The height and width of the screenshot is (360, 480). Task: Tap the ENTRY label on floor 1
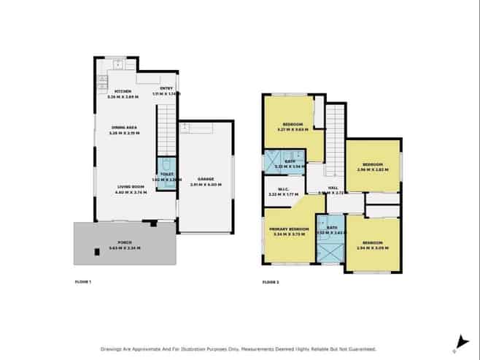click(166, 89)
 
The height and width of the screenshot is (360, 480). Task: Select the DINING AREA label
click(124, 127)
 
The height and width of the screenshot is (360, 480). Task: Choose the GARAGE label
click(205, 179)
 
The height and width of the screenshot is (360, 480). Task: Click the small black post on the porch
click(96, 253)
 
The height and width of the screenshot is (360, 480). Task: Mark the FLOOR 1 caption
click(84, 281)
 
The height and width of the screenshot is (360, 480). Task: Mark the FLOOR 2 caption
click(270, 281)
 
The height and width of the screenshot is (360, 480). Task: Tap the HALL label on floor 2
click(332, 188)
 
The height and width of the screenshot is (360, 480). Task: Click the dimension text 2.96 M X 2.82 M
click(372, 169)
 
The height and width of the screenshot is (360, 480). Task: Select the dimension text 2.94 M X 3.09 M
click(371, 247)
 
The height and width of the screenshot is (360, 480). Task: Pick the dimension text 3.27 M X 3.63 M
click(293, 129)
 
